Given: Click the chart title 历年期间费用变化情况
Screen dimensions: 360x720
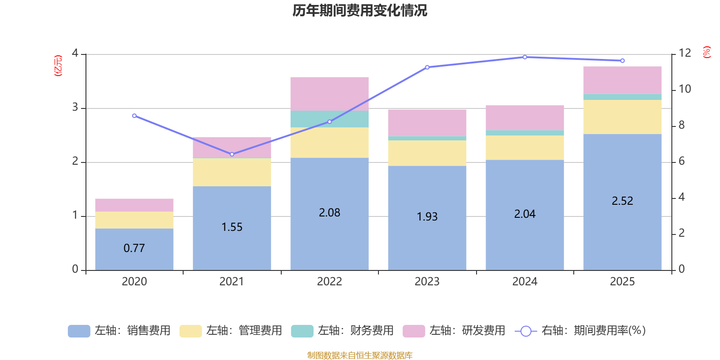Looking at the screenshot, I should pyautogui.click(x=360, y=10).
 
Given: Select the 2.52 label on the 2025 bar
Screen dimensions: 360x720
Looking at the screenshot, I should pyautogui.click(x=622, y=201).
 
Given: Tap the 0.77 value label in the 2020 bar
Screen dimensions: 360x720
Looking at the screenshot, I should pyautogui.click(x=134, y=248).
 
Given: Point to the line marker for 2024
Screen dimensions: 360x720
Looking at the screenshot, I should pyautogui.click(x=525, y=57).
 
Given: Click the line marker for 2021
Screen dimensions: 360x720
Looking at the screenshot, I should pyautogui.click(x=232, y=154).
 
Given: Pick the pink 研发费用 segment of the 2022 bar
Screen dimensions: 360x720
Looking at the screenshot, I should pyautogui.click(x=329, y=94).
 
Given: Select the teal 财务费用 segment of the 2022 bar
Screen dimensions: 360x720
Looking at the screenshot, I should pyautogui.click(x=329, y=119).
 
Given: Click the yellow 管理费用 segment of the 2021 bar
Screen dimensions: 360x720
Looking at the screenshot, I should pyautogui.click(x=232, y=172).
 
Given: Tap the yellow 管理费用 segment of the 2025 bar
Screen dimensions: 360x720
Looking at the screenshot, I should pyautogui.click(x=622, y=117).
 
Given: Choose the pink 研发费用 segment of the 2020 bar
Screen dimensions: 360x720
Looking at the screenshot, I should pyautogui.click(x=134, y=205).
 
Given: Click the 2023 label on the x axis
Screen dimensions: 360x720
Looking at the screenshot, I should pyautogui.click(x=427, y=282).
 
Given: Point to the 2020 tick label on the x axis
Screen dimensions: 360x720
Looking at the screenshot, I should pyautogui.click(x=134, y=282).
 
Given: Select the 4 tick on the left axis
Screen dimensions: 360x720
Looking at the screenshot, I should pyautogui.click(x=75, y=54).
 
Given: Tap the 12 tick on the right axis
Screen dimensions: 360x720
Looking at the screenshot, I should pyautogui.click(x=685, y=53).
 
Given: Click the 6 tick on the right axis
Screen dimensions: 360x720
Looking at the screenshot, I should pyautogui.click(x=682, y=161).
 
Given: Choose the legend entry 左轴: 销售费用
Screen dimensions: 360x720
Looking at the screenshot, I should pyautogui.click(x=119, y=331).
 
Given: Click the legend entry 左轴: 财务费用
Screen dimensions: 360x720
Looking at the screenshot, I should pyautogui.click(x=342, y=331).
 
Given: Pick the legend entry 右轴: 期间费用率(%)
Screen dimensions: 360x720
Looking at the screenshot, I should pyautogui.click(x=580, y=331).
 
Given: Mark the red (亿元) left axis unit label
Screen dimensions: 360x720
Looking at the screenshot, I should pyautogui.click(x=58, y=66).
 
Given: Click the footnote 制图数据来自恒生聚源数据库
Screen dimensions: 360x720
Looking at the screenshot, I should pyautogui.click(x=360, y=355).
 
